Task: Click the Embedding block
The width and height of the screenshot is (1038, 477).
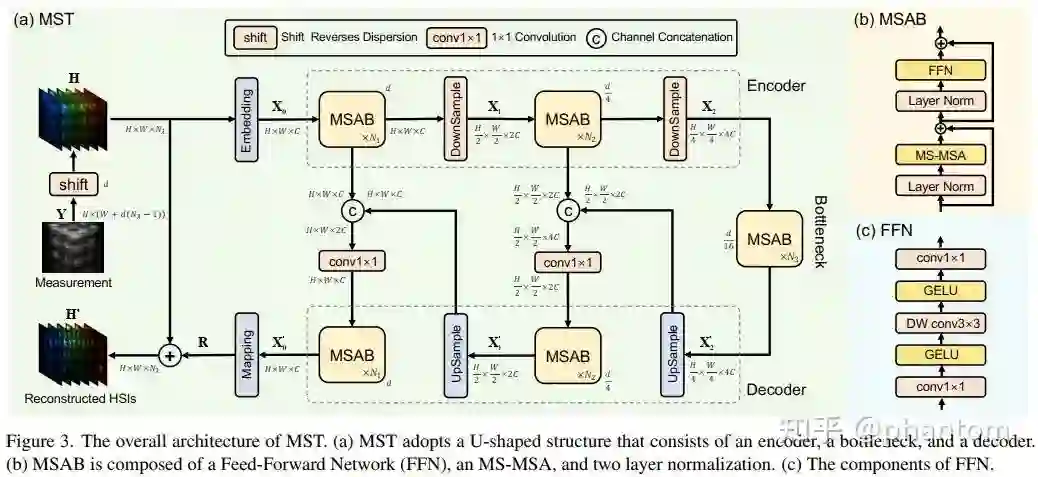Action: [247, 119]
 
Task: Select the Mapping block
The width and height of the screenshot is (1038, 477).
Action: [247, 354]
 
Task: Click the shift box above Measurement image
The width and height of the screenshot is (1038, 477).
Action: [74, 183]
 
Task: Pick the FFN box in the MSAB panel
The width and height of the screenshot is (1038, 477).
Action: [940, 72]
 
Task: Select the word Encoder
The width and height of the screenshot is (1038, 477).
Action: [776, 85]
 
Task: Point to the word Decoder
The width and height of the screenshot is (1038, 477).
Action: [776, 389]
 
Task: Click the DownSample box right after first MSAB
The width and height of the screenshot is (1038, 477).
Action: [451, 119]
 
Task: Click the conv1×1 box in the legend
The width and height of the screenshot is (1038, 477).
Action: [454, 37]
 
